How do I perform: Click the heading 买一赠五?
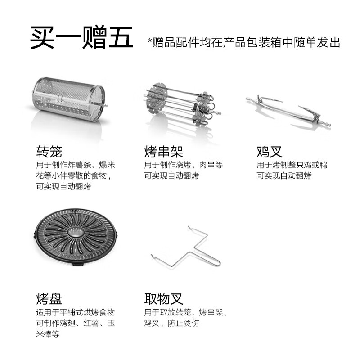pyautogui.click(x=81, y=38)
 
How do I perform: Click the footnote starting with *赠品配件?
pyautogui.click(x=243, y=43)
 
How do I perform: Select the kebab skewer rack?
pyautogui.click(x=181, y=104)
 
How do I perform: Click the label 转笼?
pyautogui.click(x=49, y=151)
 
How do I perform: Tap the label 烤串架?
pyautogui.click(x=163, y=151)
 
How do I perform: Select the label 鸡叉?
pyautogui.click(x=270, y=151)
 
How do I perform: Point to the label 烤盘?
pyautogui.click(x=49, y=298)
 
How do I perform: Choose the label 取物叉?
pyautogui.click(x=163, y=298)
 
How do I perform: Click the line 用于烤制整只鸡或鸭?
pyautogui.click(x=292, y=165)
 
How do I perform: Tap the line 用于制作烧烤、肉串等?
pyautogui.click(x=184, y=165)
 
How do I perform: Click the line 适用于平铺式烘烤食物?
pyautogui.click(x=76, y=312)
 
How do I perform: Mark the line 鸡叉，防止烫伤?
pyautogui.click(x=171, y=323)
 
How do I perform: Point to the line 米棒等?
pyautogui.click(x=48, y=334)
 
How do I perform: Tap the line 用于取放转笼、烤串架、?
pyautogui.click(x=186, y=312)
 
